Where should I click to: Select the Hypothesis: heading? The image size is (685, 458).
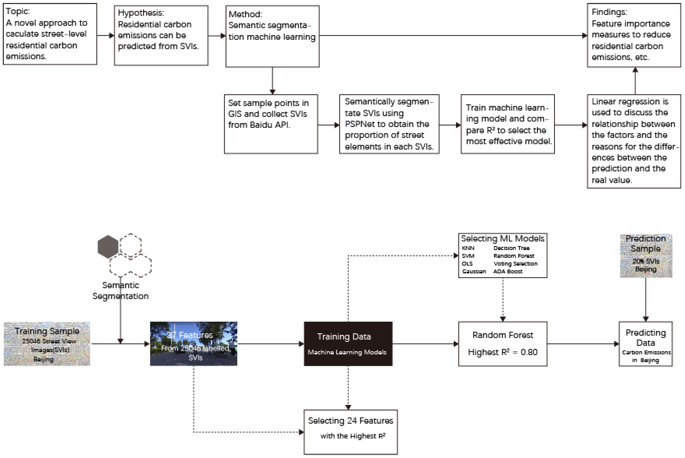[141, 13]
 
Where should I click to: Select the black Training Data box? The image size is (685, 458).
[348, 344]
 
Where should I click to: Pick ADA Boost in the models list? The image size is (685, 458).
[508, 271]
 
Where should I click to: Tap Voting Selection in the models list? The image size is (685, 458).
[515, 264]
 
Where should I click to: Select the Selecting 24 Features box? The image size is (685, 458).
[350, 432]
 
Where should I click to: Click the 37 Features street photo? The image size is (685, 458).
[193, 344]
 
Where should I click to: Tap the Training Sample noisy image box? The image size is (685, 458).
[47, 344]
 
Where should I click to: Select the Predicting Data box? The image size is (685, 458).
[645, 344]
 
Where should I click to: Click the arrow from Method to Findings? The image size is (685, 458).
[453, 36]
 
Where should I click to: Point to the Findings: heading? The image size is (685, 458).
[609, 12]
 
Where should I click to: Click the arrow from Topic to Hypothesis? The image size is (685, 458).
[105, 36]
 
